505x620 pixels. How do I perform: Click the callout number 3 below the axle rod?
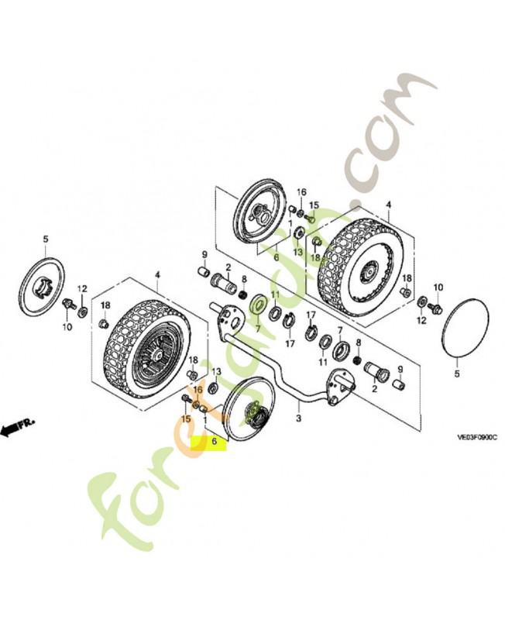tap(298, 418)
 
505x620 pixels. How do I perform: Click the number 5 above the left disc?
tap(45, 239)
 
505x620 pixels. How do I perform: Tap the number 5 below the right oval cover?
tap(457, 374)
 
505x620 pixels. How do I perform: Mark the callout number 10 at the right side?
tap(438, 288)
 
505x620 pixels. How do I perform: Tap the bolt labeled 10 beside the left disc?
tap(69, 303)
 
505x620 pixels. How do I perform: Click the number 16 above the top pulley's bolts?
tap(302, 191)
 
